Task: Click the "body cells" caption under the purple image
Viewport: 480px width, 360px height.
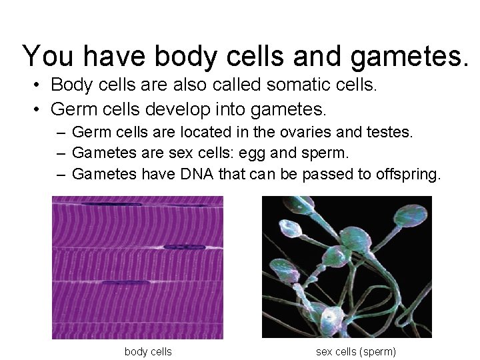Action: coord(148,351)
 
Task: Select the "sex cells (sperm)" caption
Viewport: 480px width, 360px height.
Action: coord(355,351)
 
